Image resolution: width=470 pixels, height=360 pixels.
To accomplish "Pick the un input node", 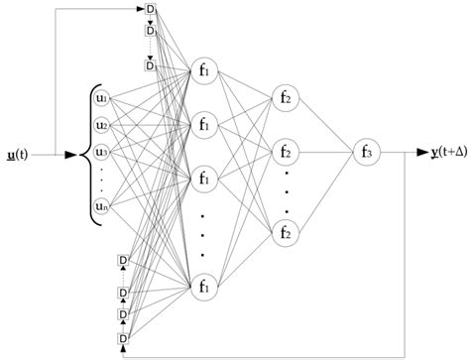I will [100, 206].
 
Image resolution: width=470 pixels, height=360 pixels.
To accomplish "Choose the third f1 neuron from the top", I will [204, 180].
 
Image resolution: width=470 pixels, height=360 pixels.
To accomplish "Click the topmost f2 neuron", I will [285, 97].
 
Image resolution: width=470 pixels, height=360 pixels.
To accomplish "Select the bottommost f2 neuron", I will [285, 234].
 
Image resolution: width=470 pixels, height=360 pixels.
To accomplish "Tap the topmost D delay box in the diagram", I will [151, 10].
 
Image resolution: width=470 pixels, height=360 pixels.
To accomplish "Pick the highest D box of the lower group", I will [123, 260].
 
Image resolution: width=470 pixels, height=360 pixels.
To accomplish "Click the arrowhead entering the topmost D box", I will [141, 10].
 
